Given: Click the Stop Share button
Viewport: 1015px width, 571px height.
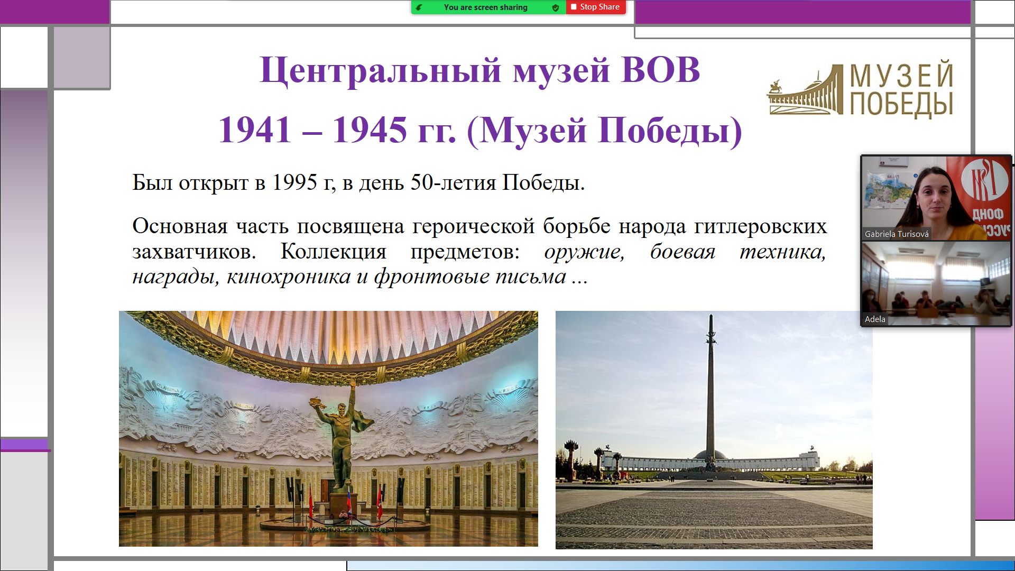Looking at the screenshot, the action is tap(596, 7).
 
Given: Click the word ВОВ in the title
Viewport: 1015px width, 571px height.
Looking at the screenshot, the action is tap(660, 70).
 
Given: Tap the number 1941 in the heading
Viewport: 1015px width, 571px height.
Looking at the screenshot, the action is tap(255, 130).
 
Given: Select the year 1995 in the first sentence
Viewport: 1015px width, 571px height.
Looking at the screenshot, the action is tap(294, 182).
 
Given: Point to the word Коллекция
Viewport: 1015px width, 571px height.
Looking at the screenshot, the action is tap(333, 251).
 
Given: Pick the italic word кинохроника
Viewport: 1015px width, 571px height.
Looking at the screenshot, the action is tap(288, 277).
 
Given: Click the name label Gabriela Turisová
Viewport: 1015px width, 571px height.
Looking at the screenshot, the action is tap(897, 234).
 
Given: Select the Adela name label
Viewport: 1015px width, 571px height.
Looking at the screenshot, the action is tap(875, 319).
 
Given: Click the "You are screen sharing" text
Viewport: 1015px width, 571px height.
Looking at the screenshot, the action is tap(485, 7).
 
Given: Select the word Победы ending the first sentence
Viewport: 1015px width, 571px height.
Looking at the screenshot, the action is tap(543, 182).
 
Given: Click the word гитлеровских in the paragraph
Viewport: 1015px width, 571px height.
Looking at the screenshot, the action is tap(760, 226).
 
